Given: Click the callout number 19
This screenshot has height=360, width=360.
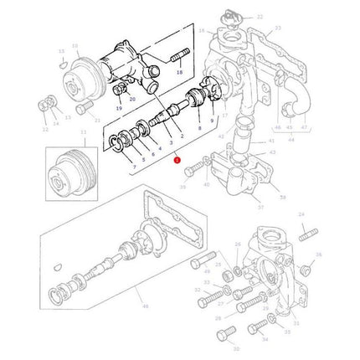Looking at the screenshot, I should pos(121,109).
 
